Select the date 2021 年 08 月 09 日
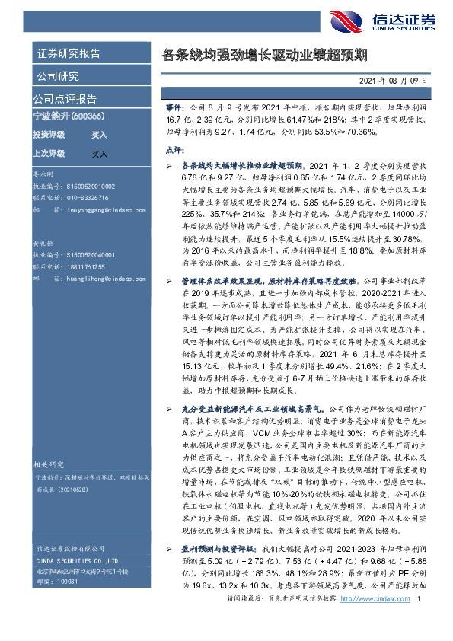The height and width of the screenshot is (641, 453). (x=397, y=81)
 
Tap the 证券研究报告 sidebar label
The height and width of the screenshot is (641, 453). (x=68, y=54)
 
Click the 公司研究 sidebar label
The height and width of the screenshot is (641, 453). (x=57, y=76)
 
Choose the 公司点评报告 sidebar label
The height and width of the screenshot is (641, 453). (x=65, y=99)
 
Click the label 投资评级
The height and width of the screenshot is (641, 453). (x=49, y=134)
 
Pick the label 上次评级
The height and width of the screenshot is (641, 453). (x=49, y=153)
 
